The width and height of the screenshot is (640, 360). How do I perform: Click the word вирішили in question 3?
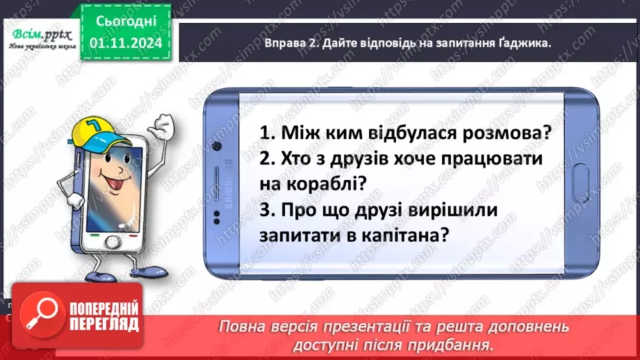click(454, 210)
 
